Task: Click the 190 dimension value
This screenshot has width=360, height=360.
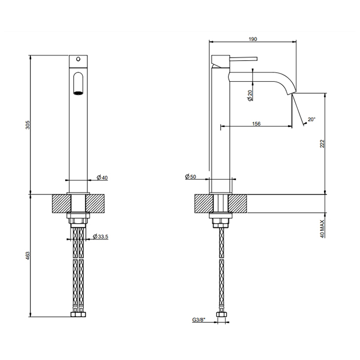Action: point(253,39)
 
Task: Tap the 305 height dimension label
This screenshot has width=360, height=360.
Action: point(28,124)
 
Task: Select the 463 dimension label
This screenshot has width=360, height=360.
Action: point(28,256)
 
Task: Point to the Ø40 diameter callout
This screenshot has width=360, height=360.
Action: point(102,177)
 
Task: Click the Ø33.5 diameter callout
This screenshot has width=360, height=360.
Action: point(100,236)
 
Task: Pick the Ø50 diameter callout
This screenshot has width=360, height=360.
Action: point(191,176)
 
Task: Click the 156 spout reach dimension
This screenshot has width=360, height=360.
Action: point(256,124)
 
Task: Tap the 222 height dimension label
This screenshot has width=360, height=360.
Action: point(322,143)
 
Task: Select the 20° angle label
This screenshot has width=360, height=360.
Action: point(312,119)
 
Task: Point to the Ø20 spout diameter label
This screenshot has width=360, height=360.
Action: point(249,96)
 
